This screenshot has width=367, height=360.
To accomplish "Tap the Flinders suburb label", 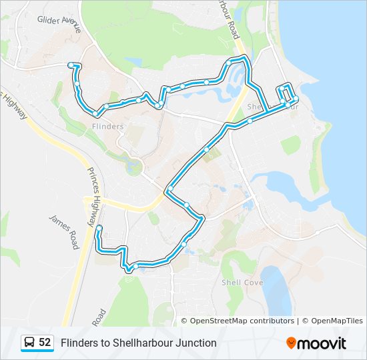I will click(x=107, y=126).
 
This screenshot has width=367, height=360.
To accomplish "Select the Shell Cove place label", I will click(x=242, y=283).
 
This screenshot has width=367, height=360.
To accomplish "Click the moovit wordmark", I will click(x=322, y=343).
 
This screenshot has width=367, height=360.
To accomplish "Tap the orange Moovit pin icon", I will click(x=292, y=343).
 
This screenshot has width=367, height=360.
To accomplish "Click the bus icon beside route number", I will click(x=29, y=343).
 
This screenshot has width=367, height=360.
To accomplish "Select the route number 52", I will click(x=45, y=343).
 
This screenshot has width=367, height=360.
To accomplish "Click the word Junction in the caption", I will click(x=196, y=343).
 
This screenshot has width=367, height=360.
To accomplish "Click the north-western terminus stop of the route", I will click(x=70, y=64).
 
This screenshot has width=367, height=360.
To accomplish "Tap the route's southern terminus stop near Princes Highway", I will click(x=99, y=229).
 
